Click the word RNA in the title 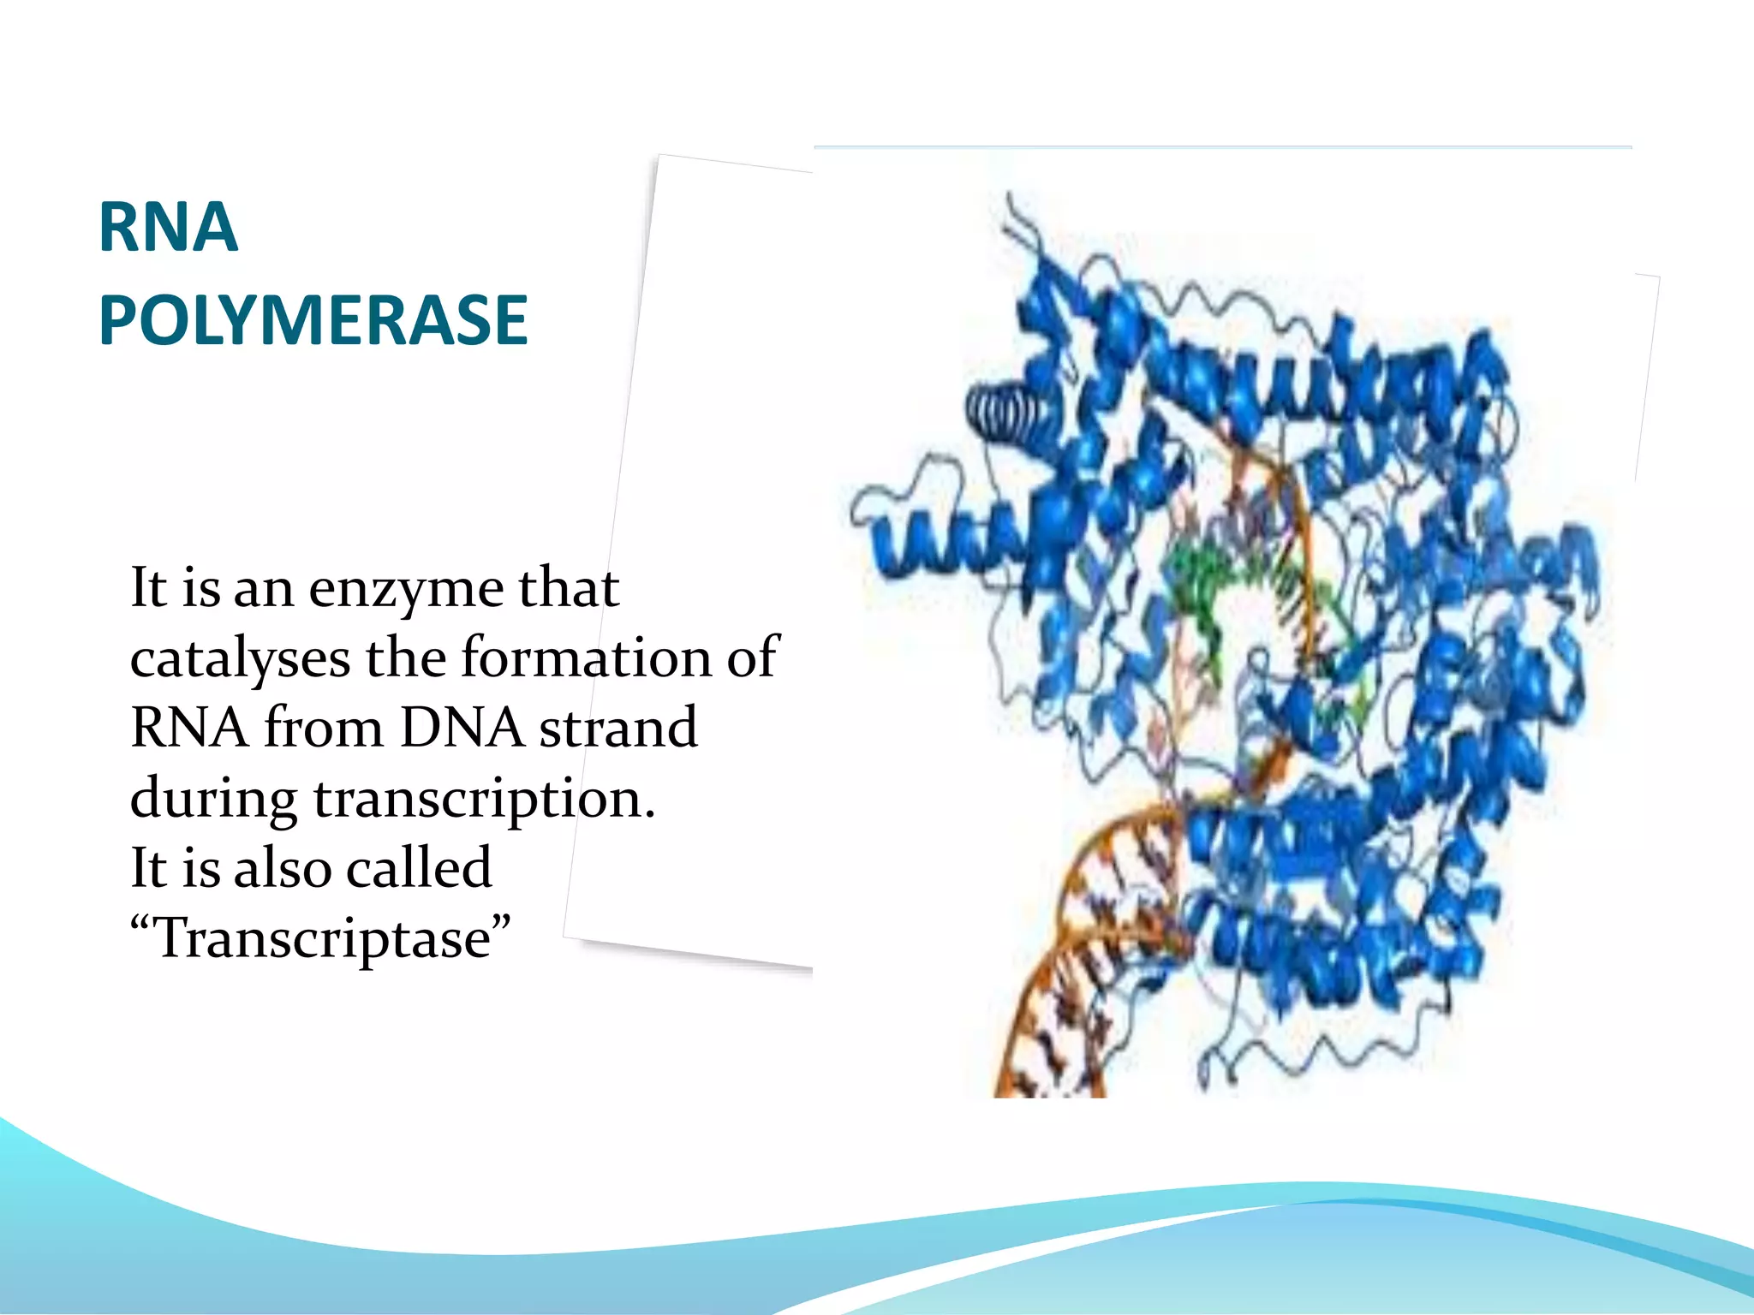tap(168, 228)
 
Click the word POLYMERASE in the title tap(313, 320)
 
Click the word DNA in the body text tap(462, 728)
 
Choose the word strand tap(618, 728)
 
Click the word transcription tap(484, 800)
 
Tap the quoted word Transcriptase tap(321, 938)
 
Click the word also tap(283, 868)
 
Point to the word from tap(323, 728)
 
